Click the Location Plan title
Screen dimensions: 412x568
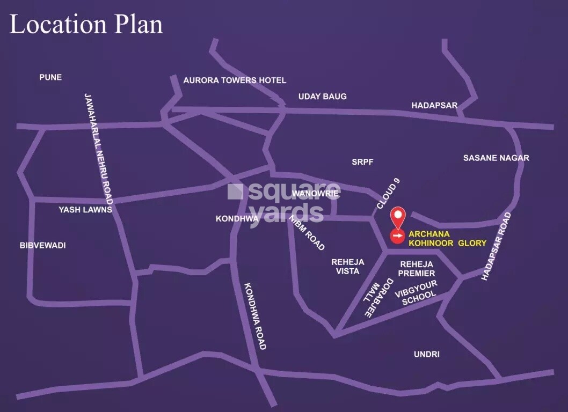(x=86, y=25)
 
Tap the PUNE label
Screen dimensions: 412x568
(x=50, y=77)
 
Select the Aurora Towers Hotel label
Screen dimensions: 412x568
(x=235, y=80)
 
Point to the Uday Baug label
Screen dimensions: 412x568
(x=322, y=97)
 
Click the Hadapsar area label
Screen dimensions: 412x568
(x=434, y=106)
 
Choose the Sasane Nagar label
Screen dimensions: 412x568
(x=496, y=158)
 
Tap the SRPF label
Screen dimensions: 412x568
(x=362, y=161)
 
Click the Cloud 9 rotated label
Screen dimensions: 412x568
(x=388, y=194)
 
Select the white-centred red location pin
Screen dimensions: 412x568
(x=397, y=216)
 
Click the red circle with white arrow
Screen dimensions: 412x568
(x=397, y=235)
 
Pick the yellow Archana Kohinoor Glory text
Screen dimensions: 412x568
(x=447, y=239)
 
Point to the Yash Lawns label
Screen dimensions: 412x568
(x=85, y=210)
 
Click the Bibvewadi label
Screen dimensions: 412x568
(x=42, y=245)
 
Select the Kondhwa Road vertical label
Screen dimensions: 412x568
(x=255, y=316)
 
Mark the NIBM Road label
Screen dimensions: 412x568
(x=307, y=232)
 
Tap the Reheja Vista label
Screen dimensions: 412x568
(x=348, y=267)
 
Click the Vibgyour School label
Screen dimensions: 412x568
(x=416, y=293)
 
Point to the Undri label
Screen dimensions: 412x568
(x=427, y=355)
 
